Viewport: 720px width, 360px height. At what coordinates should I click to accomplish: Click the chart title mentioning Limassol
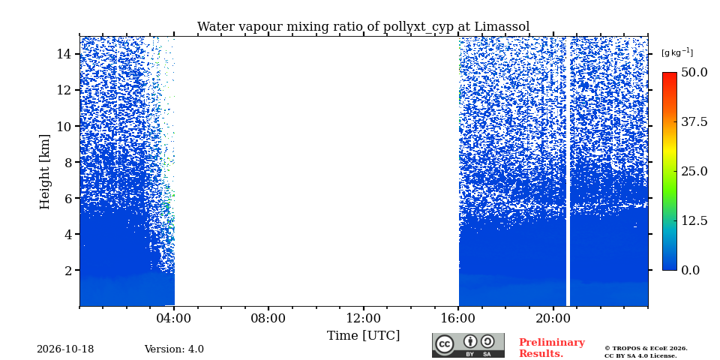[x=363, y=27]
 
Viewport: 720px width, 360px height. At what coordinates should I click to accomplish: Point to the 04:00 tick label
[x=173, y=318]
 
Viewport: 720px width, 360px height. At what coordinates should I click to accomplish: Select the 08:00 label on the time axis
[x=268, y=318]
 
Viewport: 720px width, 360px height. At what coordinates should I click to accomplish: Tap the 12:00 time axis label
[x=364, y=318]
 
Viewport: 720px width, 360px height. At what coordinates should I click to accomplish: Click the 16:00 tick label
[x=458, y=318]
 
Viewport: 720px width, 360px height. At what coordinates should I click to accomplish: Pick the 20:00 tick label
[x=553, y=318]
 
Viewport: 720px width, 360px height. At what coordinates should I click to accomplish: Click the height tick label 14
[x=64, y=54]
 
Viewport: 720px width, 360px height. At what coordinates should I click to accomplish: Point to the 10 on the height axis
[x=64, y=126]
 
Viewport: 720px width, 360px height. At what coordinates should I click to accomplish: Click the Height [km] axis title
[x=44, y=172]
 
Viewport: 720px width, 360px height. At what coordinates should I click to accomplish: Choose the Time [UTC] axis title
[x=363, y=336]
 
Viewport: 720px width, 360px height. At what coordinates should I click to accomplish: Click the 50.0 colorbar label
[x=694, y=73]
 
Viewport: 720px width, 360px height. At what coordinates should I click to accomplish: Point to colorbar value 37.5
[x=694, y=121]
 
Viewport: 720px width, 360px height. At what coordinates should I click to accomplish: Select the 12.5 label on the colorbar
[x=694, y=220]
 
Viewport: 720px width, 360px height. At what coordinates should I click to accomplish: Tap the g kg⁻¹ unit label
[x=676, y=52]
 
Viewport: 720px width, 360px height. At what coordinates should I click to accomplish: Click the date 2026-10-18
[x=65, y=349]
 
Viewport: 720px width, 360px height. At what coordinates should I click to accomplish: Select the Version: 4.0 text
[x=174, y=349]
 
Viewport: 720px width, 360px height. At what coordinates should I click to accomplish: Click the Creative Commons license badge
[x=468, y=345]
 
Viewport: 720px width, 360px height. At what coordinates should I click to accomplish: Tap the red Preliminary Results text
[x=552, y=348]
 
